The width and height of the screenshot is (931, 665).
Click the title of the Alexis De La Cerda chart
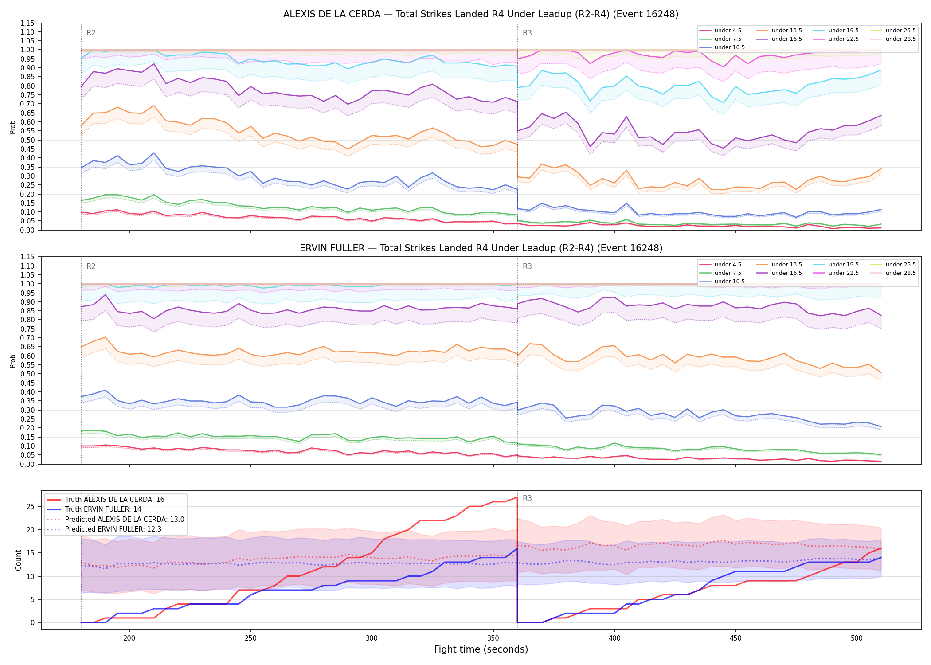tap(481, 14)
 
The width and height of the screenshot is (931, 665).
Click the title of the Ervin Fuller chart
tap(481, 248)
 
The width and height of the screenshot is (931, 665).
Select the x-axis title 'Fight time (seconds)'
tap(481, 649)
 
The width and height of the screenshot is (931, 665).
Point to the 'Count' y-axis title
tap(18, 560)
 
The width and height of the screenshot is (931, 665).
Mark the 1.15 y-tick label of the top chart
tap(27, 23)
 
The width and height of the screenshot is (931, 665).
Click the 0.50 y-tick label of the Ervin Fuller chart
tap(27, 374)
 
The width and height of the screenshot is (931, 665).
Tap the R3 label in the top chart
tap(527, 33)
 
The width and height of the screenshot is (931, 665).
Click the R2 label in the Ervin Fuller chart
tap(91, 266)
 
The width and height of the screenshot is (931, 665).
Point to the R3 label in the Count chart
tap(527, 498)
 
